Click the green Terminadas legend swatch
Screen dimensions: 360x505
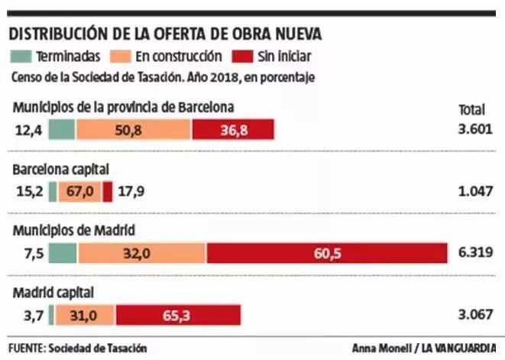[x=20, y=56]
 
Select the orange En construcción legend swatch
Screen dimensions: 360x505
[x=121, y=56]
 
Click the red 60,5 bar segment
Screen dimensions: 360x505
[x=326, y=254]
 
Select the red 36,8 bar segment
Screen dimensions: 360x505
[x=233, y=130]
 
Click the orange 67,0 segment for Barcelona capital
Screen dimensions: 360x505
[x=79, y=192]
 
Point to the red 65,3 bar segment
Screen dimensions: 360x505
[x=178, y=315]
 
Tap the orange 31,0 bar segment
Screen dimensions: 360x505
[x=84, y=315]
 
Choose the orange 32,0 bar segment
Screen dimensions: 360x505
[x=141, y=254]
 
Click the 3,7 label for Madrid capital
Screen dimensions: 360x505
[x=34, y=315]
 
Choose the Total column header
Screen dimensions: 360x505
[x=471, y=109]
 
